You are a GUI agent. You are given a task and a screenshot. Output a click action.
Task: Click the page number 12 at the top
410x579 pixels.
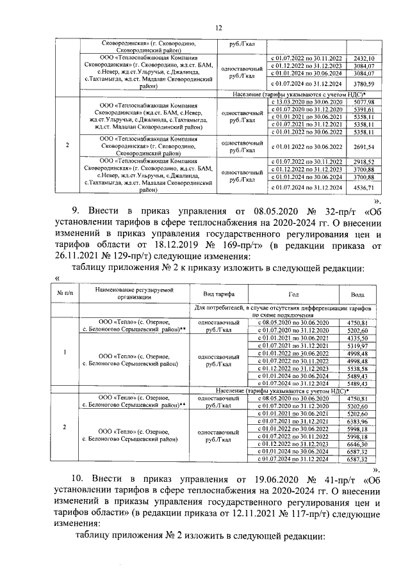pos(218,28)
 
